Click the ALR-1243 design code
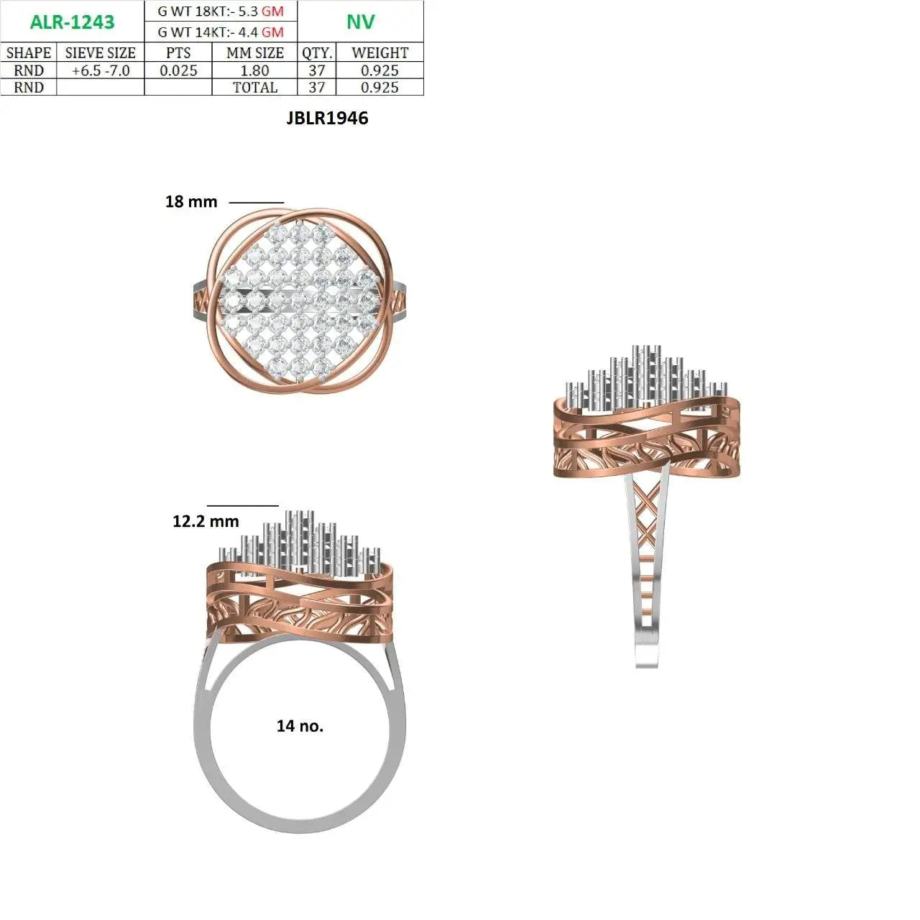[x=72, y=22]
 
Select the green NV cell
[x=361, y=22]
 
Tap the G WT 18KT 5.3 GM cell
[x=221, y=11]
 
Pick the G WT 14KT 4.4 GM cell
[x=221, y=32]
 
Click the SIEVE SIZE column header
[x=100, y=52]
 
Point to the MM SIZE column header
[x=255, y=52]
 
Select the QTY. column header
[x=316, y=52]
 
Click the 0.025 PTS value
[x=178, y=70]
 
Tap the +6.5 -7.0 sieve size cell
[x=100, y=70]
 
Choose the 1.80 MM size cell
[x=254, y=70]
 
